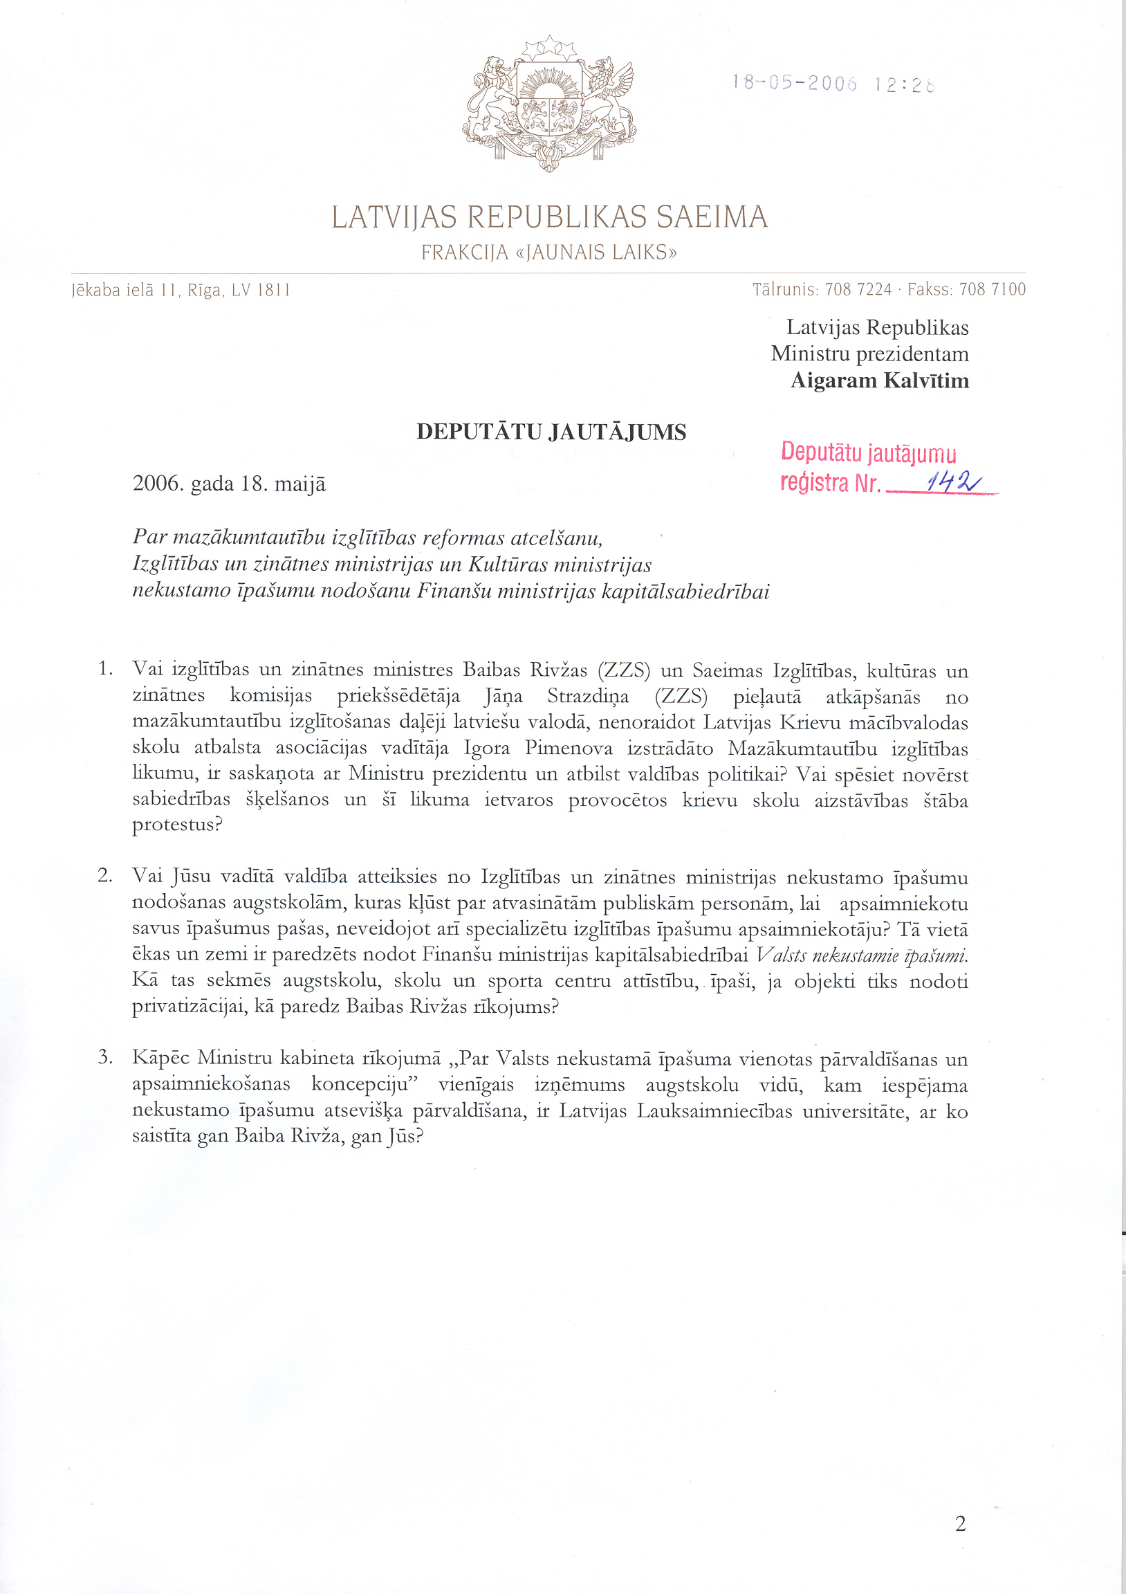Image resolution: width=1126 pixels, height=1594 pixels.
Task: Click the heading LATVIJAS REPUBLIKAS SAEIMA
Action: pyautogui.click(x=549, y=217)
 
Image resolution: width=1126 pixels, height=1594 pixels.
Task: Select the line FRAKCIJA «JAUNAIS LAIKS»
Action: pyautogui.click(x=549, y=253)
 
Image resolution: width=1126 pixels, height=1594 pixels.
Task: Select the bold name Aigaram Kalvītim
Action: pyautogui.click(x=880, y=381)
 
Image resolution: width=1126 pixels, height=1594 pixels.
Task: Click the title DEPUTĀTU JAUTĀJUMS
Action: pyautogui.click(x=551, y=432)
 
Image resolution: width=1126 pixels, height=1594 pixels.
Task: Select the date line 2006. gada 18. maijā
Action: pyautogui.click(x=228, y=483)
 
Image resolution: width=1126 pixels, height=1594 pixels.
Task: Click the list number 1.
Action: pyautogui.click(x=105, y=668)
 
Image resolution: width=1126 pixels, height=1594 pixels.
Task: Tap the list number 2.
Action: pyautogui.click(x=105, y=875)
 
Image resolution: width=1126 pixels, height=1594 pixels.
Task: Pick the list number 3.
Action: pyautogui.click(x=105, y=1057)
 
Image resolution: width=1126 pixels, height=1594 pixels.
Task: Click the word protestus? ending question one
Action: pyautogui.click(x=177, y=825)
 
